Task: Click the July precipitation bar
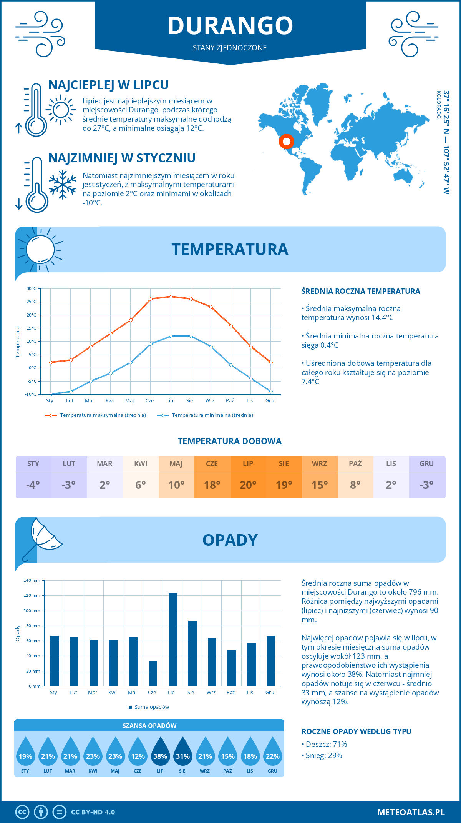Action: point(172,640)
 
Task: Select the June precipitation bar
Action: point(153,673)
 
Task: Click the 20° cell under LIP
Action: point(248,485)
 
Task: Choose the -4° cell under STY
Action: point(33,485)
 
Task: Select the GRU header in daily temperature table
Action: point(427,464)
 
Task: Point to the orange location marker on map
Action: point(286,142)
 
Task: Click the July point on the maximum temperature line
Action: point(171,297)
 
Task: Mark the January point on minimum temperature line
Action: point(51,394)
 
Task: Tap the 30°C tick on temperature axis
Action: point(32,288)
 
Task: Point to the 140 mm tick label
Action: point(32,580)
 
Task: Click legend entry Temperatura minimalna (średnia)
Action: point(205,415)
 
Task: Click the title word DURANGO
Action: point(230,26)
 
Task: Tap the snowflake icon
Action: point(63,185)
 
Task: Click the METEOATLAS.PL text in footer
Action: point(411,812)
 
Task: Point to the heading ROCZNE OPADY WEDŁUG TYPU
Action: point(356,731)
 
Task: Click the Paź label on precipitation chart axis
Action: point(230,693)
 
